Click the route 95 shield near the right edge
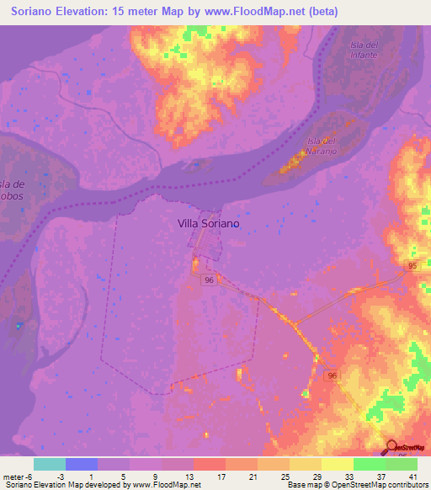coord(412,266)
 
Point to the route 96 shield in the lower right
coord(333,375)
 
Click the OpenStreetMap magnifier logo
coord(392,447)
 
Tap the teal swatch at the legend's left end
coord(50,464)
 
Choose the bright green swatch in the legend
coord(369,464)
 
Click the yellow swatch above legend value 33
coord(337,464)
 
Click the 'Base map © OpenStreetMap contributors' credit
coord(357,485)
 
